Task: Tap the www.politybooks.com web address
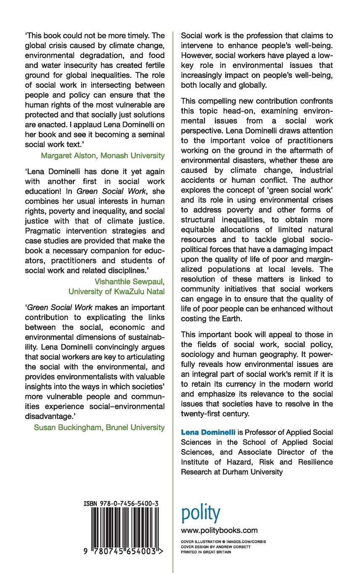point(219,530)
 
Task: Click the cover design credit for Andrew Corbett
point(215,546)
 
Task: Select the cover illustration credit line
point(223,541)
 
